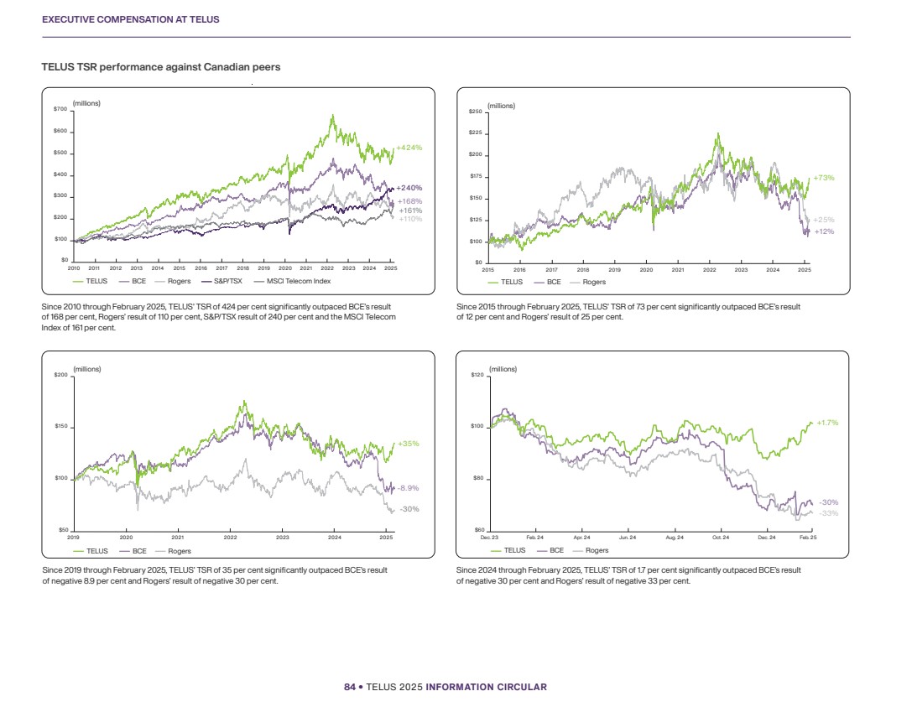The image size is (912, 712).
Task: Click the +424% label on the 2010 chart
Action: pos(409,148)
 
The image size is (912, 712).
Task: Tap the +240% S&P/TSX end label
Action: pos(409,188)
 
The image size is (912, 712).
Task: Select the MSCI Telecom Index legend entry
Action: pos(298,281)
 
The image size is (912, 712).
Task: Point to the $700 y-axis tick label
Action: pos(61,109)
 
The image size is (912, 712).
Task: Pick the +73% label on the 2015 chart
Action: pos(823,178)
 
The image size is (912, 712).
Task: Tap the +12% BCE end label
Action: pos(824,231)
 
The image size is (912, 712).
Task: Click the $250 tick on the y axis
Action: pos(476,111)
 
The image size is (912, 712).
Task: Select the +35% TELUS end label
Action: pos(408,444)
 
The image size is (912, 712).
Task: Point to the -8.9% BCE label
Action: pos(409,487)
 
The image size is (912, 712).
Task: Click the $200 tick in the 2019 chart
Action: pos(61,375)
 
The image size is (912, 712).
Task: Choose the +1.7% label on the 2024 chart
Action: pos(827,423)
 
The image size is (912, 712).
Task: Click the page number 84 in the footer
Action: pos(350,687)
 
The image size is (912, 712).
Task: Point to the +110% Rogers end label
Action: pos(409,219)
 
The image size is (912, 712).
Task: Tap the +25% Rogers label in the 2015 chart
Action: pos(824,220)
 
